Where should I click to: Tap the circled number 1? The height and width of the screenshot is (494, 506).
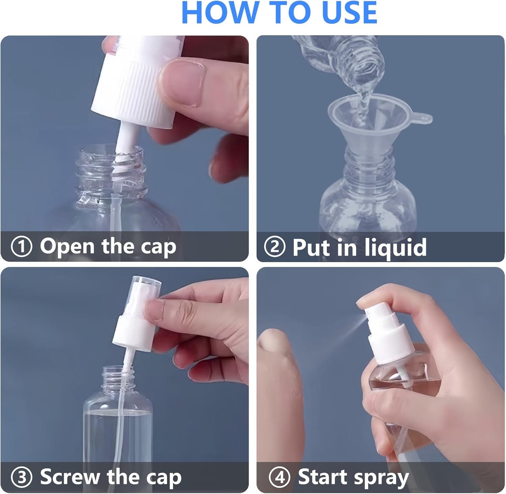pyautogui.click(x=21, y=247)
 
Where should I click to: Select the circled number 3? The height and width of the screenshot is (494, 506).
pyautogui.click(x=21, y=477)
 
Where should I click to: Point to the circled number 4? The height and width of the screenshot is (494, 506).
pyautogui.click(x=279, y=477)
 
